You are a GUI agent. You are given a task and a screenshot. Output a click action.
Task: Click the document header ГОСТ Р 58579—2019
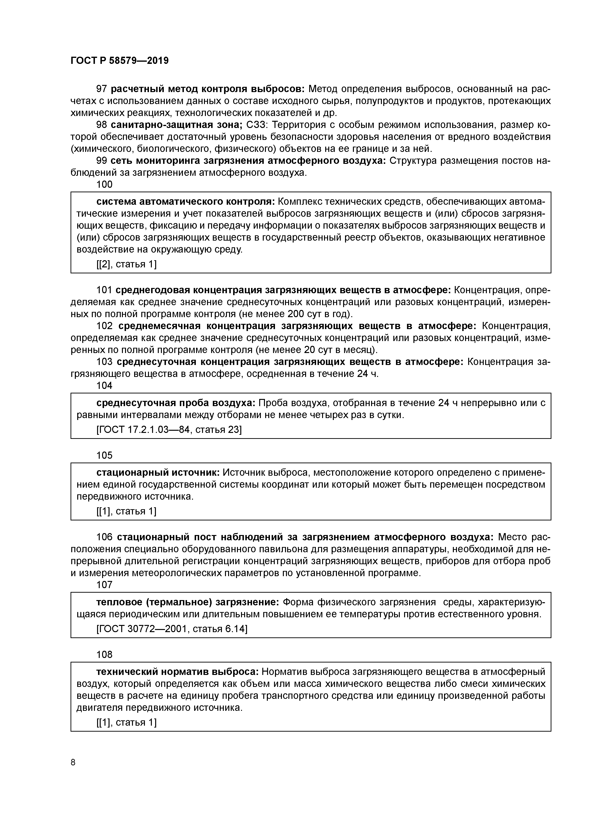click(x=120, y=61)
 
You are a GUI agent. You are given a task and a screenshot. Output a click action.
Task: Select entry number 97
click(x=101, y=89)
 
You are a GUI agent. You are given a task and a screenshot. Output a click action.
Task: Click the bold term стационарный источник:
click(x=158, y=473)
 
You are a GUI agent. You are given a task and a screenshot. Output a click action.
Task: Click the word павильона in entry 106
click(x=280, y=549)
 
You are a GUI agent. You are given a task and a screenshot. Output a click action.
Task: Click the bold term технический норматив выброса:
click(x=178, y=672)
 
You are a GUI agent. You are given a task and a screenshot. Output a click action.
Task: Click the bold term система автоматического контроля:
click(x=186, y=202)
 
